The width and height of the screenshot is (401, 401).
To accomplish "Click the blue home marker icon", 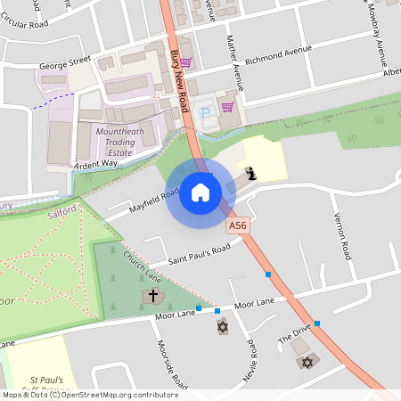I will [x=200, y=192].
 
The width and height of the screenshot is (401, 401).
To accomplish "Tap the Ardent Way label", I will [x=96, y=164].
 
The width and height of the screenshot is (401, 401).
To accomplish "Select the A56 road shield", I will [x=236, y=227].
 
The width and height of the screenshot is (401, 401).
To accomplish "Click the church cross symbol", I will [x=152, y=295].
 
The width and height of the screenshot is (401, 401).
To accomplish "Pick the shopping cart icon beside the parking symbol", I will [x=227, y=107].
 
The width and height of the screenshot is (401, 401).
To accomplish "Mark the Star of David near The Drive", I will [x=308, y=362].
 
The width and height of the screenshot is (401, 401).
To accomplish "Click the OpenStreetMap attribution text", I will [x=89, y=395].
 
